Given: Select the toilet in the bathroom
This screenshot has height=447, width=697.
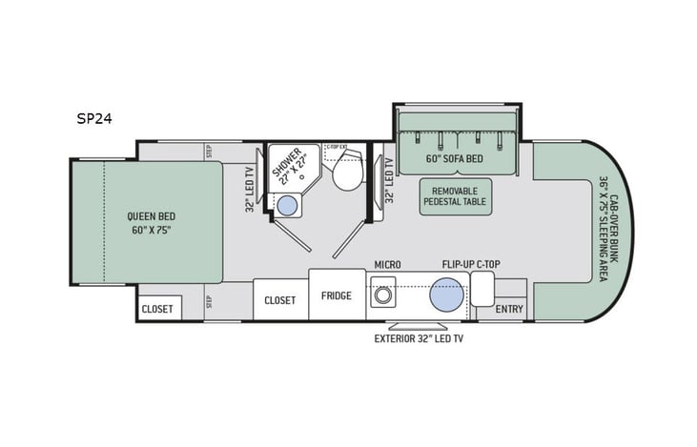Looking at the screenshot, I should click(347, 173).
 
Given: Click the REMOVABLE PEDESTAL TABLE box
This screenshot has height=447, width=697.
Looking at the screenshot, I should click(455, 195).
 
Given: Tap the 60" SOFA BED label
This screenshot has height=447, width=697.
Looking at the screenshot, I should click(455, 157).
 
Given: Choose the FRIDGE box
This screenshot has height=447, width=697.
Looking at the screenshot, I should click(337, 295).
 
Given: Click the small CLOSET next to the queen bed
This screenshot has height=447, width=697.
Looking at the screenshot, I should click(157, 309).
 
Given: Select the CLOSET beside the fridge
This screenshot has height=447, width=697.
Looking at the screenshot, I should click(279, 299).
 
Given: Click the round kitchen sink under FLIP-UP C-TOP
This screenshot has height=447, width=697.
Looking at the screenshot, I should click(446, 295).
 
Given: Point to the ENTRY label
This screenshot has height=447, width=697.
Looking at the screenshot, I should click(509, 309).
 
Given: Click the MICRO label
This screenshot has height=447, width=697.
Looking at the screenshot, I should click(386, 263).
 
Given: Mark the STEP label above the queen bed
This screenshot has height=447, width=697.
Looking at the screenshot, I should click(208, 151).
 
